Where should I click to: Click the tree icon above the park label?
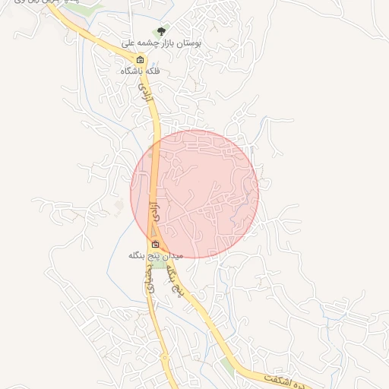(160, 32)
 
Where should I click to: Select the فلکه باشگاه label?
(141, 71)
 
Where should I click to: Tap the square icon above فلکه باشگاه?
(140, 60)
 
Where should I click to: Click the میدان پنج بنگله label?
(157, 255)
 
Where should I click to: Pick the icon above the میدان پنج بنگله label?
(156, 245)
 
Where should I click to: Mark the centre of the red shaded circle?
(194, 194)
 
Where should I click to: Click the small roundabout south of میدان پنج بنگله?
(163, 357)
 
